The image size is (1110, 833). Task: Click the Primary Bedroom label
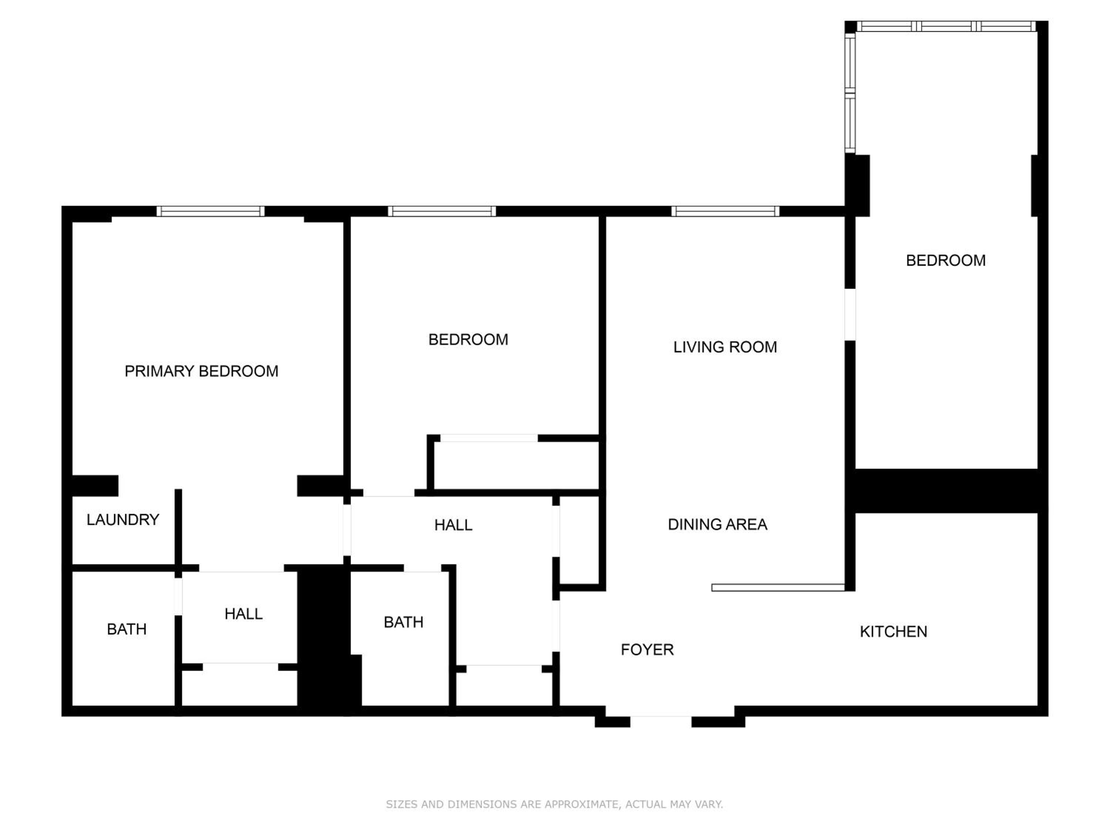pos(201,371)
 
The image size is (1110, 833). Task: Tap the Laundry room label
pos(123,520)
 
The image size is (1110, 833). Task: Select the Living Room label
pos(725,347)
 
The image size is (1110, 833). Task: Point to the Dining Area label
pos(717,524)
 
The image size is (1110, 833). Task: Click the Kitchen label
pos(894,632)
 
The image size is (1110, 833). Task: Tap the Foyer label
pos(647,650)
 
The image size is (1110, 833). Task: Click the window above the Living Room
pos(726,211)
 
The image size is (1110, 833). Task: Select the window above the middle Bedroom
pos(442,211)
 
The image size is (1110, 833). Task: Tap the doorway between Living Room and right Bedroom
pos(850,314)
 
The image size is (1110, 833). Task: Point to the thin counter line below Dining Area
pos(778,588)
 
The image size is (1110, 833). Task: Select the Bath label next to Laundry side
pos(127,629)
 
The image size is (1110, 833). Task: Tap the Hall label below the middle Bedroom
pos(453,525)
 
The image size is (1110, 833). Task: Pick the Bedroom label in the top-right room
pos(946,261)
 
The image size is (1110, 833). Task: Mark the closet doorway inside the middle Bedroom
pos(489,438)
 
